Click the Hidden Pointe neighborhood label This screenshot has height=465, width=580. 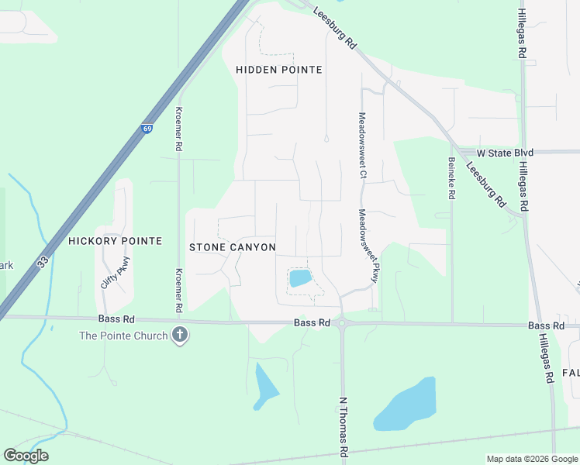coord(278,70)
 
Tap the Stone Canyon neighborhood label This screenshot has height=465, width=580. coord(233,247)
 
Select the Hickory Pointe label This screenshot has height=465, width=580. coord(115,241)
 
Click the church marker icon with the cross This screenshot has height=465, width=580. coord(180,336)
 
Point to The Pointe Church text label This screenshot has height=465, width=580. coord(123,336)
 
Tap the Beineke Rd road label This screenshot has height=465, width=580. coord(451,178)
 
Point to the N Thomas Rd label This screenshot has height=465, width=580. coord(343,425)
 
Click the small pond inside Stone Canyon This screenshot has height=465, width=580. coord(300,279)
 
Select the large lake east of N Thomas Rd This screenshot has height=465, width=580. coord(406,405)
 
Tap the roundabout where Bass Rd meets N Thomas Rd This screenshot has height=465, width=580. coord(342,324)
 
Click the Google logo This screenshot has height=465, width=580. coord(26,456)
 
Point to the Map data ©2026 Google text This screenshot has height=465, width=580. coord(531,459)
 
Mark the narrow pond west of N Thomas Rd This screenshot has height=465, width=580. coord(265,385)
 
